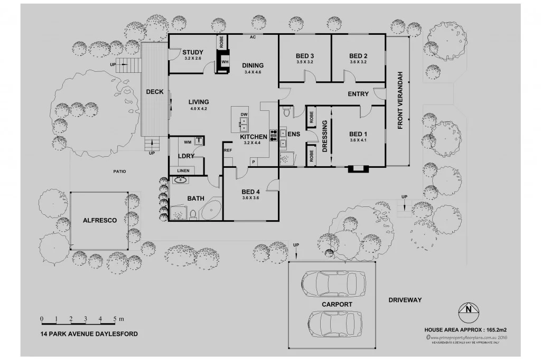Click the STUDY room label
point(193,52)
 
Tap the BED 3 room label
point(305,56)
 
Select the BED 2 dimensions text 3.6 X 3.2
point(358,62)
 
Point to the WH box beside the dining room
point(225,61)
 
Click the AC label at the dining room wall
point(253,38)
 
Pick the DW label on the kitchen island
point(244,115)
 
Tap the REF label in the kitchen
point(228,150)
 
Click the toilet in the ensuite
point(287,112)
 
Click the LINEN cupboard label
point(183,170)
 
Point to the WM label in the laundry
point(188,142)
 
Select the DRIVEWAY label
point(405,300)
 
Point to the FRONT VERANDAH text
point(400,100)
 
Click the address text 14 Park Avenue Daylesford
point(89,334)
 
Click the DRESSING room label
point(324,137)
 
